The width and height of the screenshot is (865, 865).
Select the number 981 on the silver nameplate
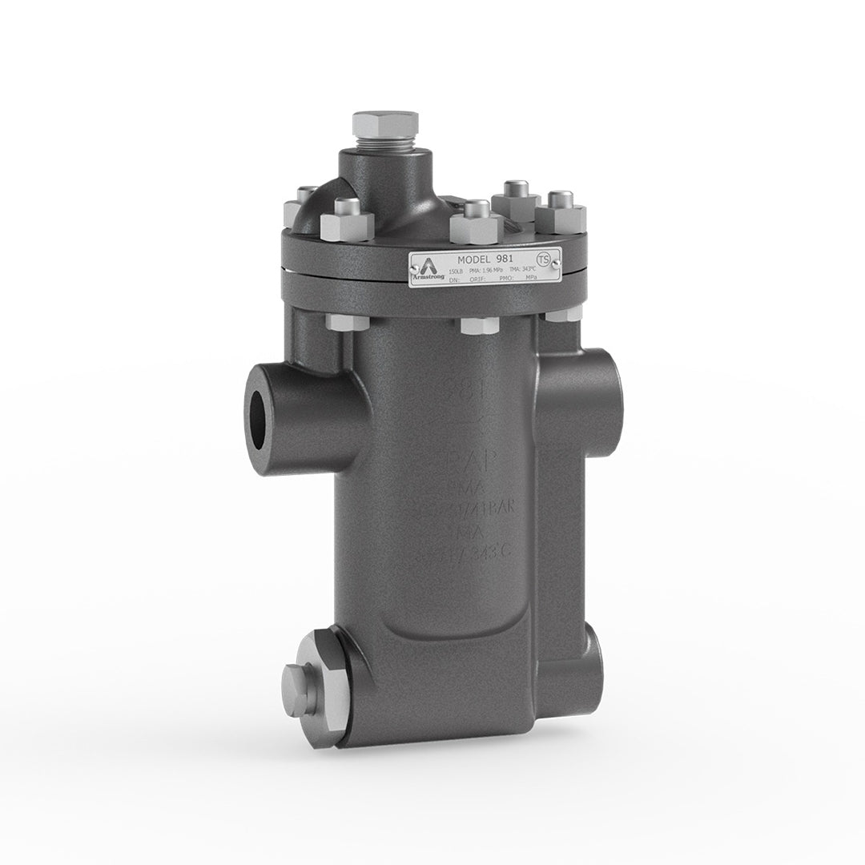[515, 259]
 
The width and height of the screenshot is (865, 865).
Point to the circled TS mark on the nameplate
[545, 259]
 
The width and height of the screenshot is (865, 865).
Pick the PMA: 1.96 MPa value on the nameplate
[489, 272]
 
